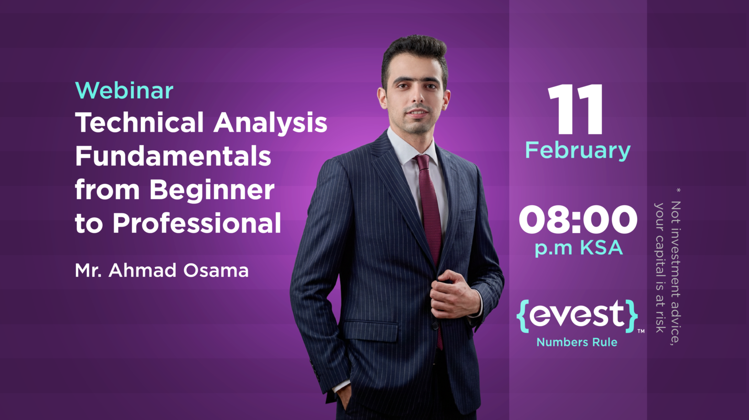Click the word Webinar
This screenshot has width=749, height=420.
[124, 91]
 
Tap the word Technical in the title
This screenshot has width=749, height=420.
[139, 123]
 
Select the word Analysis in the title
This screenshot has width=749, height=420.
[270, 124]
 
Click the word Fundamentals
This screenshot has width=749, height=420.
[173, 157]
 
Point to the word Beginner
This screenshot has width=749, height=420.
[212, 190]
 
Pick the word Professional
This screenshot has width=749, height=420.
[197, 223]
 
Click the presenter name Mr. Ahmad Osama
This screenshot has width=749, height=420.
[161, 271]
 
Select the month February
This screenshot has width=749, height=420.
[578, 151]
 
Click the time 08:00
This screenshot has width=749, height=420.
[578, 220]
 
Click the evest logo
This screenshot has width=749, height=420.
[577, 315]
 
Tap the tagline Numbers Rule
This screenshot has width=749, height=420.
[577, 342]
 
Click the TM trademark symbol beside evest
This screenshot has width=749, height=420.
[641, 331]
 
